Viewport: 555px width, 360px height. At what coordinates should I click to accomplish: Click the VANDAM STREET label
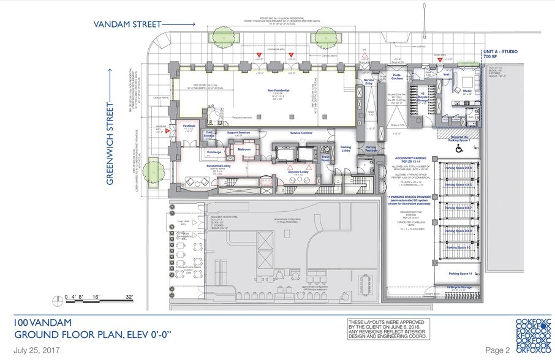(x=127, y=24)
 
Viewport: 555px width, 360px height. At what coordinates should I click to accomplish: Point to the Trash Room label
(x=325, y=159)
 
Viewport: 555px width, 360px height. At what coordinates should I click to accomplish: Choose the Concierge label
(x=214, y=151)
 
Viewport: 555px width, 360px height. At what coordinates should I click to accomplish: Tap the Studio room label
(x=467, y=91)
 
